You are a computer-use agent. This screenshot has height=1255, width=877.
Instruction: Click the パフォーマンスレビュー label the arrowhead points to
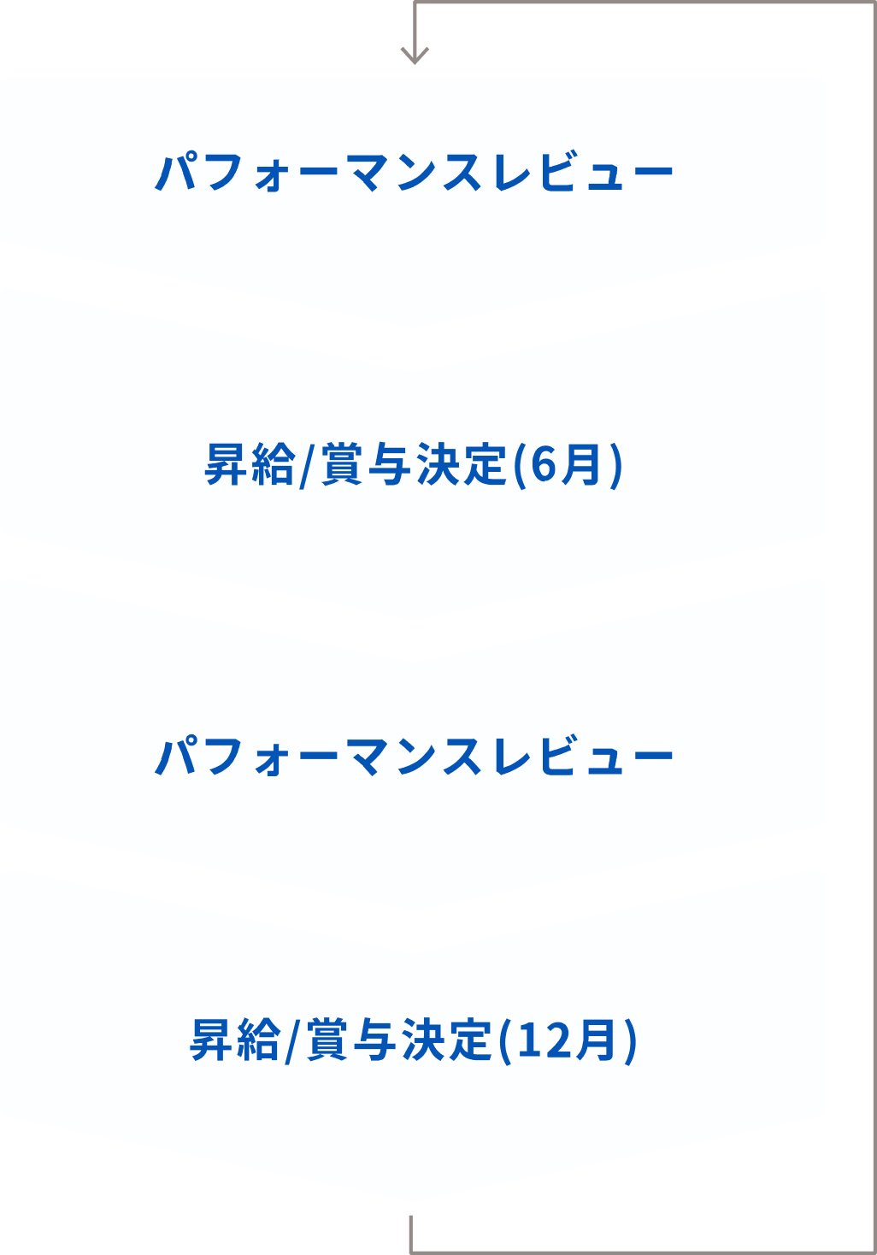pyautogui.click(x=414, y=172)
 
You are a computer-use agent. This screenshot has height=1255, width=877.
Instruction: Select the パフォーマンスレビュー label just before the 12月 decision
pyautogui.click(x=414, y=756)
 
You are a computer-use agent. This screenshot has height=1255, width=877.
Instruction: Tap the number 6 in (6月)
pyautogui.click(x=542, y=464)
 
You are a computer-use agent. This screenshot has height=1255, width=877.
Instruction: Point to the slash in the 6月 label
pyautogui.click(x=305, y=466)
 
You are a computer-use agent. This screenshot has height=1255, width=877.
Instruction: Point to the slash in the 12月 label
pyautogui.click(x=291, y=1041)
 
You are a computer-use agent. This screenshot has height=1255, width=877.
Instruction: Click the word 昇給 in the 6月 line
pyautogui.click(x=250, y=464)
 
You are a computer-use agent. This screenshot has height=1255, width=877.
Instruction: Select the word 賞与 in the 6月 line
pyautogui.click(x=366, y=464)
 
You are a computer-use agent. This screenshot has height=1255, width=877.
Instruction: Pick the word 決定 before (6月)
pyautogui.click(x=462, y=464)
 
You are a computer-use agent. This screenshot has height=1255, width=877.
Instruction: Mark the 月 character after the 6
pyautogui.click(x=581, y=464)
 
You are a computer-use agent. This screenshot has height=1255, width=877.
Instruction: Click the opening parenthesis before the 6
pyautogui.click(x=519, y=466)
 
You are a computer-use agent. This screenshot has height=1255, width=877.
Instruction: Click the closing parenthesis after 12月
pyautogui.click(x=631, y=1041)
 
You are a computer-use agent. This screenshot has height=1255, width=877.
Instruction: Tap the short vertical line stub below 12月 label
pyautogui.click(x=411, y=1234)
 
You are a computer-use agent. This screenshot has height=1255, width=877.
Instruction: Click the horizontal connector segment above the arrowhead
pyautogui.click(x=644, y=3)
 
